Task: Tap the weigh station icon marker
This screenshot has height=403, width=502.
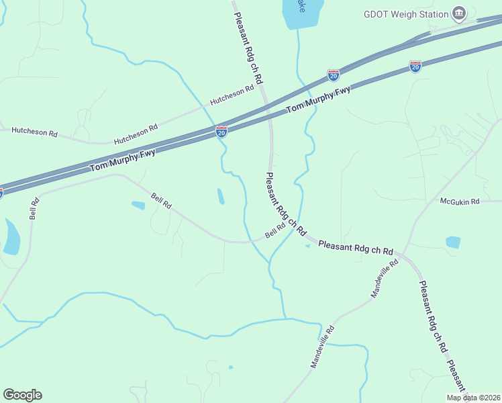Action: (459, 13)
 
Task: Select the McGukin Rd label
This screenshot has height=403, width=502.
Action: (460, 201)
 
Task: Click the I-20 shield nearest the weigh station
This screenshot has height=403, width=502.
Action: (415, 66)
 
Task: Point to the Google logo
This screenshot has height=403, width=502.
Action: (22, 395)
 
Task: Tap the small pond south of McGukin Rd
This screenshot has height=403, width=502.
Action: (453, 242)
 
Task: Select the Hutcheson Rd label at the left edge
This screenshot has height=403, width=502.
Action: (34, 132)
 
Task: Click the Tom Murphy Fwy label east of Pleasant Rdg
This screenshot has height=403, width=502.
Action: (318, 99)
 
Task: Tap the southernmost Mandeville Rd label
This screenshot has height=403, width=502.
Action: (322, 347)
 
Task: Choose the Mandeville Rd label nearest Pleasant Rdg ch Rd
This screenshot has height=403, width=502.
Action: (385, 278)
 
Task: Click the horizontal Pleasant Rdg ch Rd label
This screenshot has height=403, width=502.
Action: (355, 247)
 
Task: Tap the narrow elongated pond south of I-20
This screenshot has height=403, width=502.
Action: (221, 196)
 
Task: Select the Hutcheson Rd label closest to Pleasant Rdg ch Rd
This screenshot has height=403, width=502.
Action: (232, 95)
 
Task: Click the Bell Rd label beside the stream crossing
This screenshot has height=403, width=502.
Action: (275, 230)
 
